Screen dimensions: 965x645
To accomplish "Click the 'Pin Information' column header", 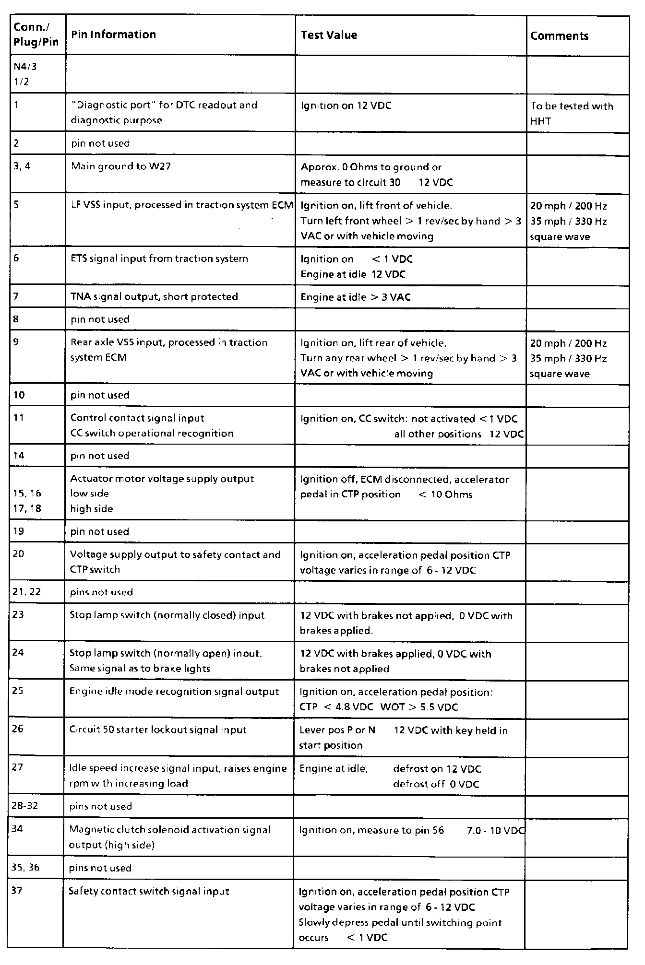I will (x=113, y=35).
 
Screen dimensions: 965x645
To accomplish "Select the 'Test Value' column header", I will (x=329, y=35).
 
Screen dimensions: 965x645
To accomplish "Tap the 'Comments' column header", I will (x=559, y=36).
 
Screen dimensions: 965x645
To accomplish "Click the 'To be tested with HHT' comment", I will (x=571, y=114).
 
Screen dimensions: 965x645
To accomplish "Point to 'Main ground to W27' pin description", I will (x=120, y=166).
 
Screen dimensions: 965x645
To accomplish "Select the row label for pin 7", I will (x=16, y=296).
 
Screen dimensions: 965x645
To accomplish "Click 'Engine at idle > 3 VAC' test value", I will (x=355, y=297).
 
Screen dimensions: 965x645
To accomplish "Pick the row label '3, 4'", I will (x=22, y=166).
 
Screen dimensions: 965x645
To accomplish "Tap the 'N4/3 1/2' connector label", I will (x=24, y=74).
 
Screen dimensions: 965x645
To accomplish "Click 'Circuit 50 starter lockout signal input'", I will (x=157, y=730).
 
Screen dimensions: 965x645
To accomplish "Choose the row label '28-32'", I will (x=25, y=806).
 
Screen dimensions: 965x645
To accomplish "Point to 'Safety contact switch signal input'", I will (x=149, y=891).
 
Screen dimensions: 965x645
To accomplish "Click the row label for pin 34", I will (x=17, y=829).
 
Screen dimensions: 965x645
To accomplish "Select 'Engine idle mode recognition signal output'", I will (x=174, y=692).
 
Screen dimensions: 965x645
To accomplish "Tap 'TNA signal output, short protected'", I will (x=154, y=296).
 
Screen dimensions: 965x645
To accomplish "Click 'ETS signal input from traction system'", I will (x=159, y=259).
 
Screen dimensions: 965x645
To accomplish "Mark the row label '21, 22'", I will (x=26, y=592).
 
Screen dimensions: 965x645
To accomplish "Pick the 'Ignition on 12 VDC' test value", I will (x=346, y=106).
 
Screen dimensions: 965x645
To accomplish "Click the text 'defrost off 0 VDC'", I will (x=436, y=784).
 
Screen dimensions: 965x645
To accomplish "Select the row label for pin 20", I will (x=18, y=554).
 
